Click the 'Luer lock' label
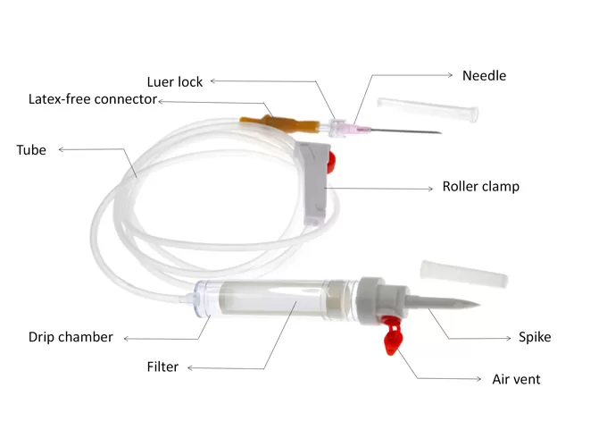point(176,81)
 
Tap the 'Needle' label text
point(484,76)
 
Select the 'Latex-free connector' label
point(93,98)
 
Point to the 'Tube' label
point(31,149)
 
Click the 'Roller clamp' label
point(480,187)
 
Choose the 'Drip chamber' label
point(71,337)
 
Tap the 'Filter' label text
point(162,367)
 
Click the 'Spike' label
point(535,337)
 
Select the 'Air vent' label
point(516,379)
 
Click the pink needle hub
point(358,130)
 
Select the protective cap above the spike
point(463,273)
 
